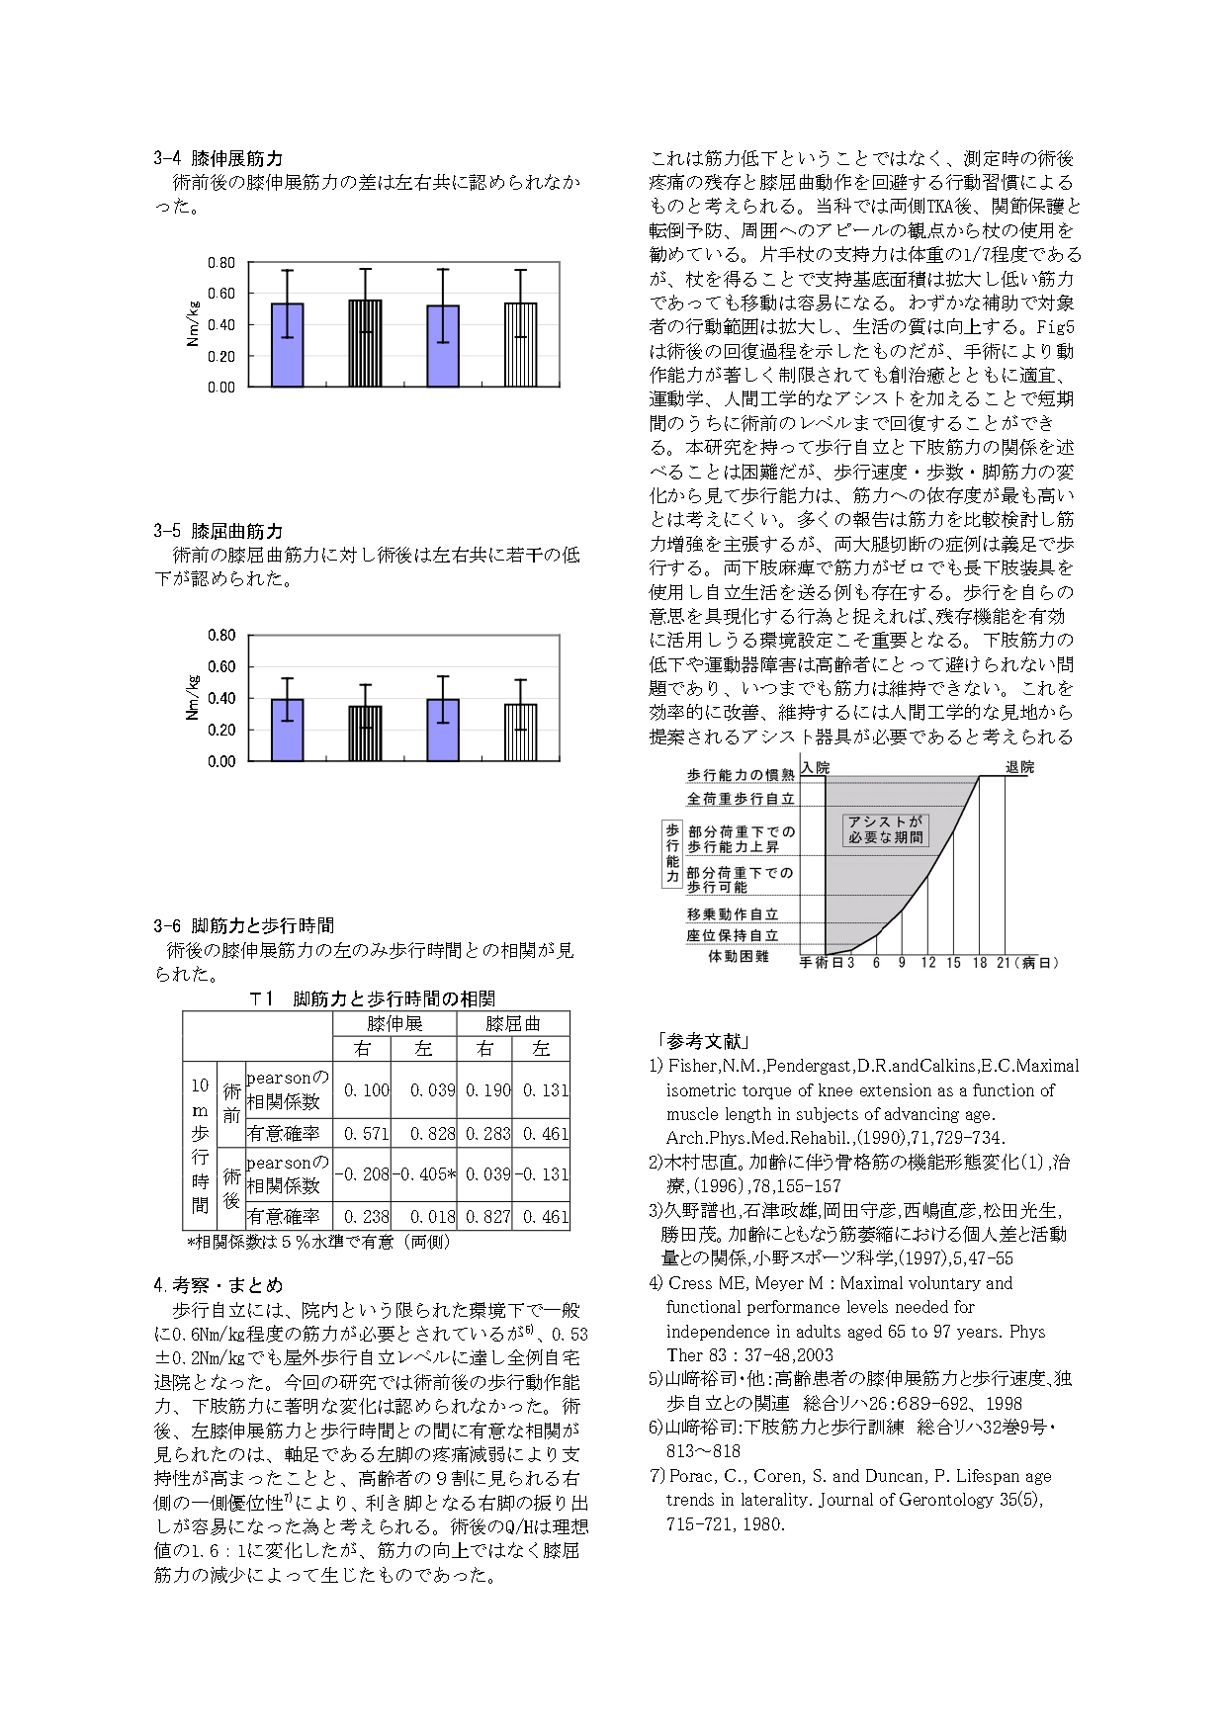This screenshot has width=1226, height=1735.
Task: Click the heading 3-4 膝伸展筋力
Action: point(219,158)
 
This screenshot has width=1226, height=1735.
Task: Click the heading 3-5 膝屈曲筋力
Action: point(219,531)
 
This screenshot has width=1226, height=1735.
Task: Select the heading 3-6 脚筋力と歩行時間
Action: point(244,925)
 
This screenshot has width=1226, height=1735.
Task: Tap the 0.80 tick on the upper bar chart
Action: point(221,263)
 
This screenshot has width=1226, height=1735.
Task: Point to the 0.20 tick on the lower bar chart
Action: point(221,730)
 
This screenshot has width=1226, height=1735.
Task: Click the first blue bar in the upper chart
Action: point(287,345)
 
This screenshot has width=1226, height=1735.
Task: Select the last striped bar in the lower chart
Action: point(521,733)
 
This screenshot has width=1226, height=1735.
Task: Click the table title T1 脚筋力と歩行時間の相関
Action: point(372,998)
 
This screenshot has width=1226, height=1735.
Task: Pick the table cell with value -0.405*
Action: point(424,1173)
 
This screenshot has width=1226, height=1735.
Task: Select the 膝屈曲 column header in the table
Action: point(512,1023)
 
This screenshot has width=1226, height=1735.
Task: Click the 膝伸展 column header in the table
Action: point(394,1023)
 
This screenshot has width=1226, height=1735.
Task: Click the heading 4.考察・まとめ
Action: point(219,1285)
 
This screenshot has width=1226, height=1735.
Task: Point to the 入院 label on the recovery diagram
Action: point(816,767)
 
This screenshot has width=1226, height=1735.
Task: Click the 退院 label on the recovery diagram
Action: point(1019,767)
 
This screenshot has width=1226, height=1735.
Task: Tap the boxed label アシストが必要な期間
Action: point(885,829)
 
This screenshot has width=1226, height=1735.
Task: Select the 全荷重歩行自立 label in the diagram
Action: point(741,799)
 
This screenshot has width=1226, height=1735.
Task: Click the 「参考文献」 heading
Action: point(702,1041)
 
